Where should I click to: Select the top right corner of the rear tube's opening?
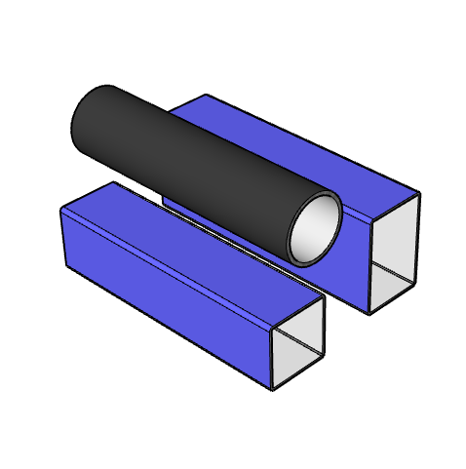click(420, 192)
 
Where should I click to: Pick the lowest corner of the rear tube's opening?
click(369, 314)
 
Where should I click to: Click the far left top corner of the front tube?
click(61, 209)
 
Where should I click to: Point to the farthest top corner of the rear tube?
click(207, 95)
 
